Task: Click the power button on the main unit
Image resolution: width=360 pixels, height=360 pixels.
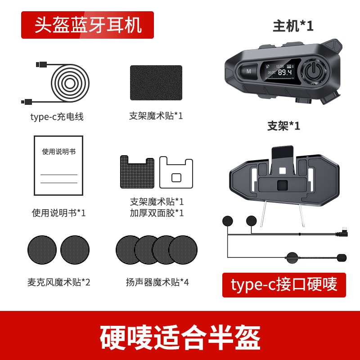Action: tap(313, 71)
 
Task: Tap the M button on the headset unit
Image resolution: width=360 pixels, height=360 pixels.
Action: tap(248, 72)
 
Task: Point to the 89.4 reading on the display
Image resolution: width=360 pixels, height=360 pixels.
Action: tap(285, 72)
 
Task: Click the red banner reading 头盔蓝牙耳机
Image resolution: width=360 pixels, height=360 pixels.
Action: tap(87, 25)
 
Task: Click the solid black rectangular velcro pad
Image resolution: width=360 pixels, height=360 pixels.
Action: tap(156, 83)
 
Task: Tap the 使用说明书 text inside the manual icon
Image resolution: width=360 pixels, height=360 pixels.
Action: tap(59, 152)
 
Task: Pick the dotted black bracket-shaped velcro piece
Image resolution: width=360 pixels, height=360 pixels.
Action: tap(137, 172)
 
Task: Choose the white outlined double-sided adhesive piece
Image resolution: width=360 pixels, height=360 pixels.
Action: tap(176, 172)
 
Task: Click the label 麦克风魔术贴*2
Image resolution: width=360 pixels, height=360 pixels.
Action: tap(59, 282)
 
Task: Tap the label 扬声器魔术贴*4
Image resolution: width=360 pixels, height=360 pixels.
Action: tap(157, 282)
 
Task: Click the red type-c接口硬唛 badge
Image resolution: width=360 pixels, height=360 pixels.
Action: tap(284, 285)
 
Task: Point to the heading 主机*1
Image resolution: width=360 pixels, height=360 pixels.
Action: tap(293, 26)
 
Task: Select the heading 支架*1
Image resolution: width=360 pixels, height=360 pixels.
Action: tap(284, 126)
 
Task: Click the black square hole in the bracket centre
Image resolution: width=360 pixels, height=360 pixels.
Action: tap(283, 185)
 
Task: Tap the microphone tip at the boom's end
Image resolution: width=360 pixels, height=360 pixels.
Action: tap(342, 257)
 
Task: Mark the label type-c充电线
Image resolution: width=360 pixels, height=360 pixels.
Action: tap(57, 117)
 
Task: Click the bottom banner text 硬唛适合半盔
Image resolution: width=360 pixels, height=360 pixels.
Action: tap(180, 337)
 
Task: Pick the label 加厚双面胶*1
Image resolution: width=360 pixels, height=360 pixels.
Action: tap(157, 213)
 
